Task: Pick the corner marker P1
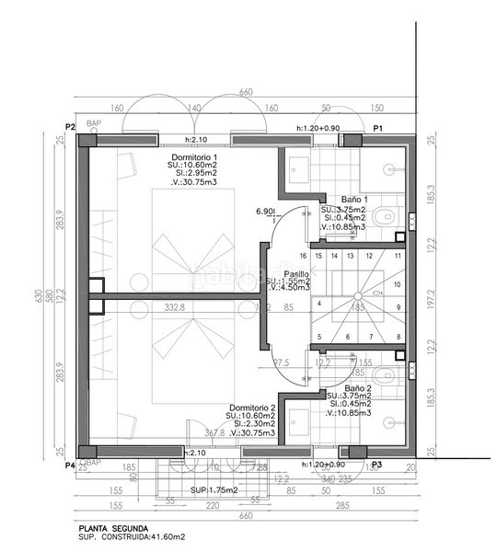point(377,127)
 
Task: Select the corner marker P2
point(70,126)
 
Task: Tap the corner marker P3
point(376,466)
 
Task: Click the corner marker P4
point(70,466)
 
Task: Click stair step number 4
point(318,303)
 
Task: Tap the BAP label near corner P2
point(93,122)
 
